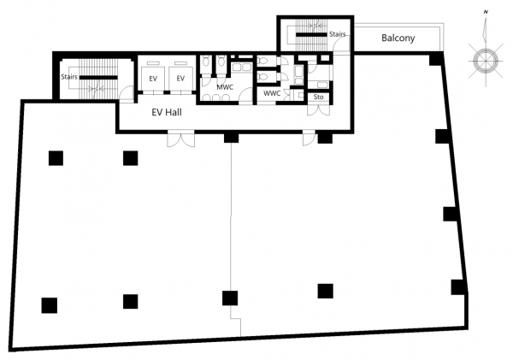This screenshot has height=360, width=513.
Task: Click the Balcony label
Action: [x=398, y=38]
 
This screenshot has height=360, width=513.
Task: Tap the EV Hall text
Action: [x=167, y=112]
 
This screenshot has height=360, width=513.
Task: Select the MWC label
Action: [x=225, y=87]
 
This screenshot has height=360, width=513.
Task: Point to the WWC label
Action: [x=272, y=93]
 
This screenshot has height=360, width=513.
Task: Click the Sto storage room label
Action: [x=318, y=97]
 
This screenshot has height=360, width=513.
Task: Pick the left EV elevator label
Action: [x=153, y=79]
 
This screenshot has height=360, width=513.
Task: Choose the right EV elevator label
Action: [x=180, y=79]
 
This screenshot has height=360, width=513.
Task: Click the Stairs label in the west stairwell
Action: [x=69, y=77]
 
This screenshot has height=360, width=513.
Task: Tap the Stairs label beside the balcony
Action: [x=338, y=34]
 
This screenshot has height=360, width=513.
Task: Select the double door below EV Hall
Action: [x=181, y=139]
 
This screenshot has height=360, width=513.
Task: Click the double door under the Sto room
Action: [x=318, y=109]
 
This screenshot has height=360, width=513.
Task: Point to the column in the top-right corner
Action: [x=436, y=59]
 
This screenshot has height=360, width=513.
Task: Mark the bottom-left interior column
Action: [x=50, y=305]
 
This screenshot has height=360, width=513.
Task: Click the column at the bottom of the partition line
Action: [x=230, y=298]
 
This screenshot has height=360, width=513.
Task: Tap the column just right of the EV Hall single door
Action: [x=325, y=137]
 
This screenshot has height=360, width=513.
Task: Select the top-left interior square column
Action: [x=56, y=158]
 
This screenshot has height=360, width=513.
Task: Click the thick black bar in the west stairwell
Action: [x=98, y=78]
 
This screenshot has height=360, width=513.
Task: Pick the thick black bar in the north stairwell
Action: [x=311, y=34]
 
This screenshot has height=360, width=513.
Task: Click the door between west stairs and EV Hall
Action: [x=127, y=94]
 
